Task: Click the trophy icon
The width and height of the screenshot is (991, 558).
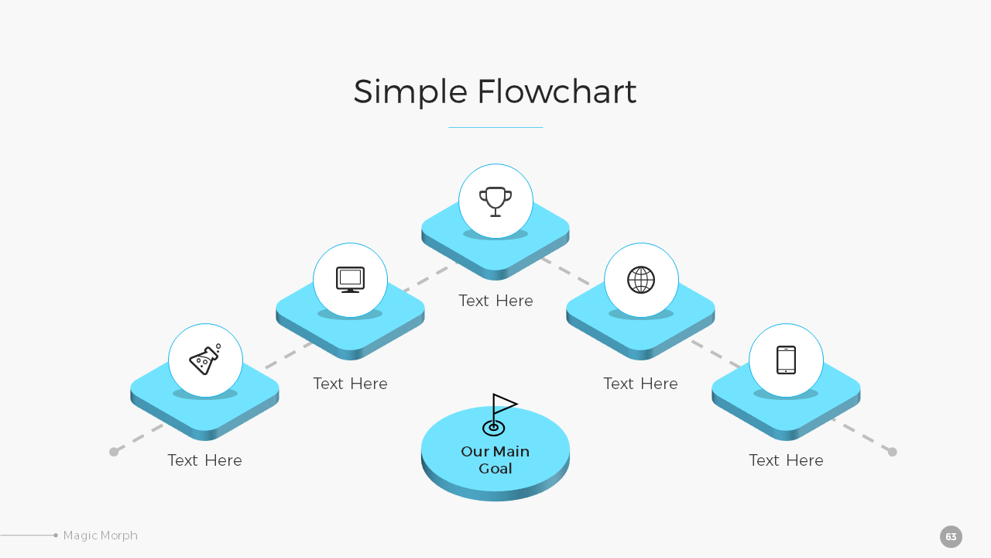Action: pyautogui.click(x=495, y=201)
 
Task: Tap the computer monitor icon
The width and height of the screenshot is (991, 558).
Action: pyautogui.click(x=350, y=280)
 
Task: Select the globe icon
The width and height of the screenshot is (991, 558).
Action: pyautogui.click(x=641, y=280)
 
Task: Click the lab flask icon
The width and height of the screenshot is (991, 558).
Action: pyautogui.click(x=205, y=360)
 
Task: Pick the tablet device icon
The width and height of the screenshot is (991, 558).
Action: pyautogui.click(x=786, y=360)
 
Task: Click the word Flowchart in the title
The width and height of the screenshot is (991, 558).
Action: pyautogui.click(x=557, y=91)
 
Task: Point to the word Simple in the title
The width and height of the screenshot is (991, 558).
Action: pyautogui.click(x=410, y=91)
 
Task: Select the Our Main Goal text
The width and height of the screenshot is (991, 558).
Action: pyautogui.click(x=495, y=460)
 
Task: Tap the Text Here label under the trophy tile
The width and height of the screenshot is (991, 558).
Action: pyautogui.click(x=495, y=301)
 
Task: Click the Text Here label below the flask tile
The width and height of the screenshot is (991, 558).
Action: pyautogui.click(x=205, y=460)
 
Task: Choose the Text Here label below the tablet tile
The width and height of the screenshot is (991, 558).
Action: pyautogui.click(x=786, y=460)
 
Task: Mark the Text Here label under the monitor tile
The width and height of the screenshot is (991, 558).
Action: pyautogui.click(x=350, y=384)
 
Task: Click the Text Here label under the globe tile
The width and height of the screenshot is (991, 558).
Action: pyautogui.click(x=640, y=384)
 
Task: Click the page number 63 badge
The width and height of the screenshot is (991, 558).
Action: pyautogui.click(x=951, y=536)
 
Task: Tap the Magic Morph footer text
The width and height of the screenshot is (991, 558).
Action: pyautogui.click(x=101, y=536)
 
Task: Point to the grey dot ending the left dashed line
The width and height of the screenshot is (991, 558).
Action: pyautogui.click(x=114, y=452)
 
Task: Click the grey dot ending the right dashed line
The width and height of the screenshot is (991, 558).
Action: pyautogui.click(x=892, y=452)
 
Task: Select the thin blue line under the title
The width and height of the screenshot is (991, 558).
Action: pyautogui.click(x=495, y=127)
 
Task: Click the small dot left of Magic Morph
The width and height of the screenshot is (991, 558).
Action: pyautogui.click(x=56, y=536)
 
